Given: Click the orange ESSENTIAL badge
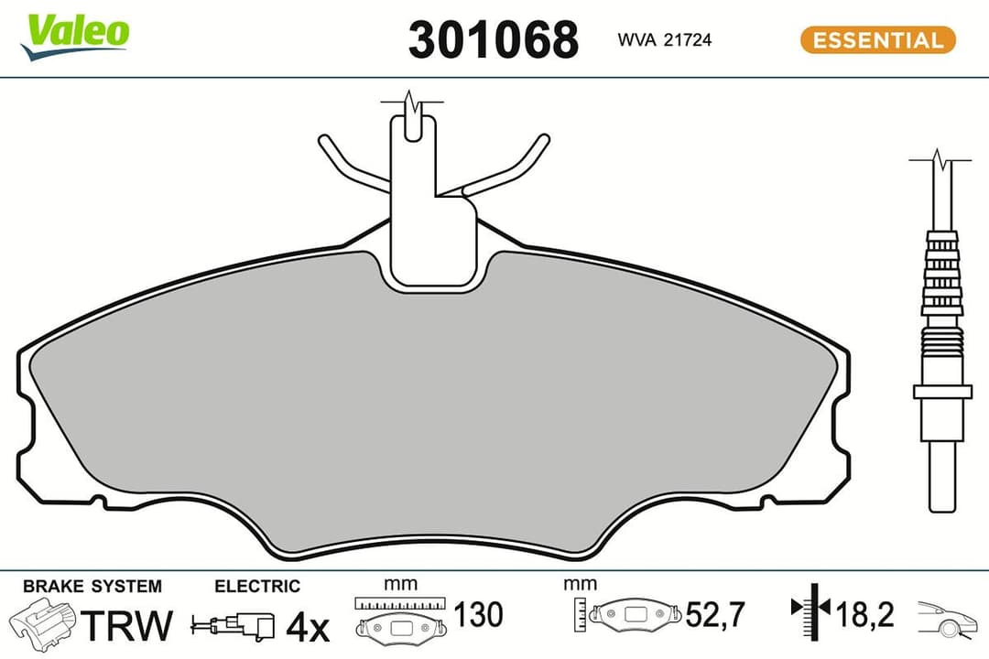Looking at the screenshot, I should (x=877, y=40).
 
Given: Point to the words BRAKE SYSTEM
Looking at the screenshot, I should (x=92, y=586).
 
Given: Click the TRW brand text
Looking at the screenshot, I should (x=127, y=626).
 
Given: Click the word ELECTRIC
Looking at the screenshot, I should (x=256, y=586).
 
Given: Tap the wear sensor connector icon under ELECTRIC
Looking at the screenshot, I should (x=233, y=627).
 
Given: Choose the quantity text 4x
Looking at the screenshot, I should (x=307, y=628).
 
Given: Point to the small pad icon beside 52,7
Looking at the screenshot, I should (x=634, y=613).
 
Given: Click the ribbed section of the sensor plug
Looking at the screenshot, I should (x=942, y=275).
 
